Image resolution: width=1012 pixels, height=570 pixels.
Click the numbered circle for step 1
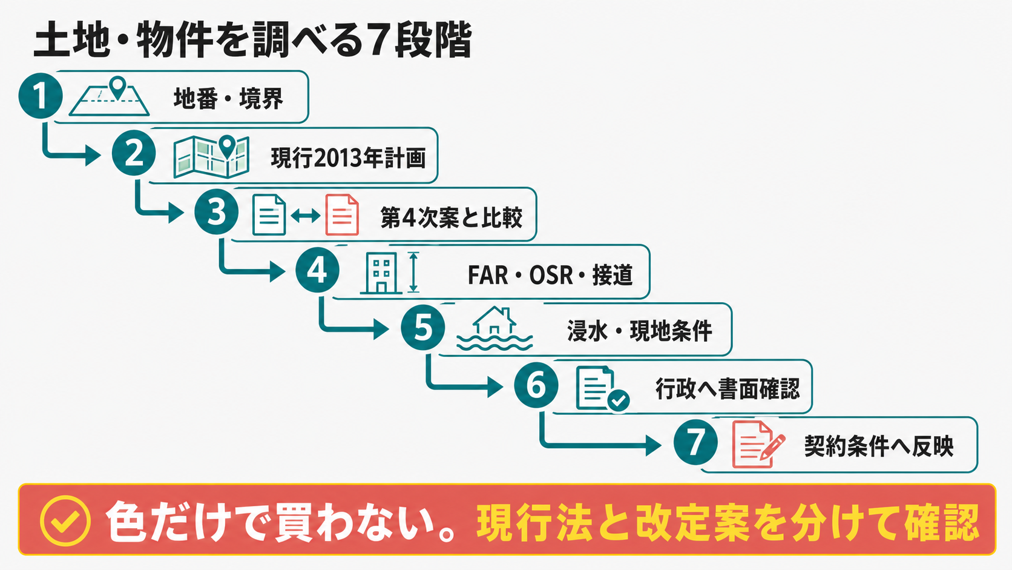click(41, 96)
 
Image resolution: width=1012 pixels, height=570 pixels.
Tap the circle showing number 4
click(317, 270)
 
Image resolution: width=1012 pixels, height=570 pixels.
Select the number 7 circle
click(695, 442)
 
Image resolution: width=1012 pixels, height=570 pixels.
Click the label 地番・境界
click(229, 99)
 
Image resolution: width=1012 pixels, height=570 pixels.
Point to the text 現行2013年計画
click(348, 158)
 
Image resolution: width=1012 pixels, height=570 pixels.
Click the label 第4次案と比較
click(452, 217)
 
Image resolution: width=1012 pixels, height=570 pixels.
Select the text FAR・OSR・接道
click(550, 275)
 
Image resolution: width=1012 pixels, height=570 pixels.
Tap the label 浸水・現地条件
click(640, 331)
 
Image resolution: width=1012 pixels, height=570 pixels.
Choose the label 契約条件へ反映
click(879, 446)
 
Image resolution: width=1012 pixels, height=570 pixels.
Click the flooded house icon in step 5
click(494, 329)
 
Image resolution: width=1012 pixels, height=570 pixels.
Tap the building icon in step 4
click(381, 273)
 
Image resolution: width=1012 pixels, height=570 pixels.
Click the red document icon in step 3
click(342, 214)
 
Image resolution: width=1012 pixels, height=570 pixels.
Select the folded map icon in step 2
click(211, 157)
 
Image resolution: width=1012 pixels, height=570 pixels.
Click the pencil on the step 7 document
click(773, 447)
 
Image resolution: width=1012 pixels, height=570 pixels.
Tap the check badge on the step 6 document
click(619, 400)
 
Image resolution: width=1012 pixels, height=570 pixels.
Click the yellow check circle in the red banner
click(65, 521)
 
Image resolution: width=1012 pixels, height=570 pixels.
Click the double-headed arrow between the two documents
click(306, 216)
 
